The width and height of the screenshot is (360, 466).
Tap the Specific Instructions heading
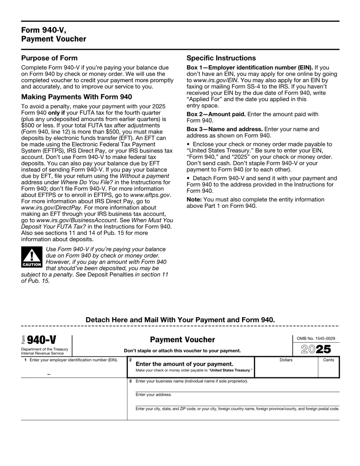coord(221,58)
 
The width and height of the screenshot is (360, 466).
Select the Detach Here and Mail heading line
coord(180,319)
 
